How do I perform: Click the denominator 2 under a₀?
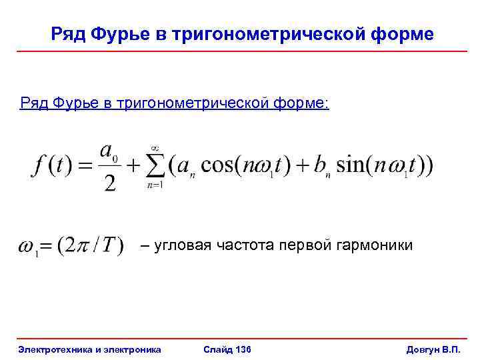point(110,181)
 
